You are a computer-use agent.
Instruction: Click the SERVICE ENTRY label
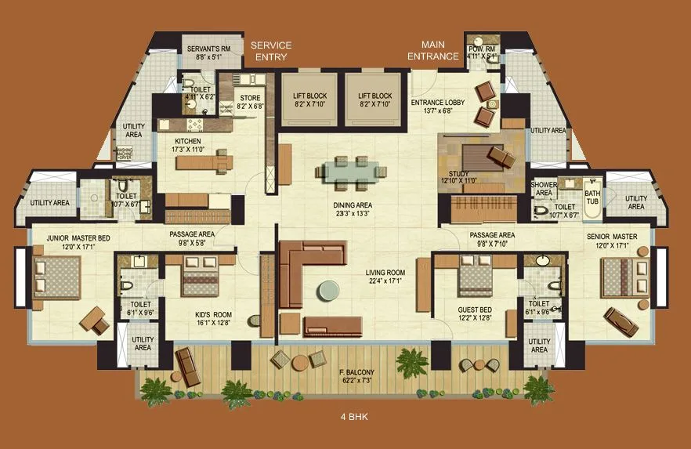270,51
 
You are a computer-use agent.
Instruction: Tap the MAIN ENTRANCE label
433,50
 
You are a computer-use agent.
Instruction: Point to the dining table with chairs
350,172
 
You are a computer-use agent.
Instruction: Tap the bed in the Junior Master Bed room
52,274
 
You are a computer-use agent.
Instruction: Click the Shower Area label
544,189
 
